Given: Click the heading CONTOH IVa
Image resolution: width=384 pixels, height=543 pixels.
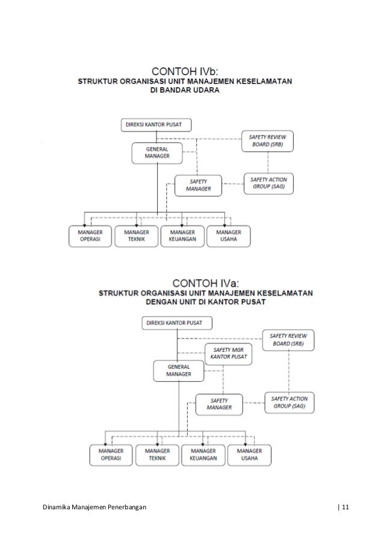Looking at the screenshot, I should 205,281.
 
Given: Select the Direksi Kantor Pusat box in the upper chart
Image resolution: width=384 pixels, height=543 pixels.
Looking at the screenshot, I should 156,126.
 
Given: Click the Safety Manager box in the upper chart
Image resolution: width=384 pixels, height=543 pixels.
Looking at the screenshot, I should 198,185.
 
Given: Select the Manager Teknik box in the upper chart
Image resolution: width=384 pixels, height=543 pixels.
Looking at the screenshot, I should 137,236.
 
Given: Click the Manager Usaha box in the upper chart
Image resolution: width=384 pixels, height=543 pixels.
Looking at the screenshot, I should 229,236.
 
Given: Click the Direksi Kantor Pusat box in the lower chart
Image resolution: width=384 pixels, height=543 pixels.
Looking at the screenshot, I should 178,323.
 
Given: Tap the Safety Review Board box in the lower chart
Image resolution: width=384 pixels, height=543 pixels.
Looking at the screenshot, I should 288,340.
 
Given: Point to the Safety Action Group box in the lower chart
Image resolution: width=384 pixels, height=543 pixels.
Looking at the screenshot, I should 288,402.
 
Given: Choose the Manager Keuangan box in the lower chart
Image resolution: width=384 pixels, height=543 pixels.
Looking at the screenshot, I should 203,455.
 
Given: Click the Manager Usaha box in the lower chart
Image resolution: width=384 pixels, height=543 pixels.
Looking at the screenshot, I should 249,455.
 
